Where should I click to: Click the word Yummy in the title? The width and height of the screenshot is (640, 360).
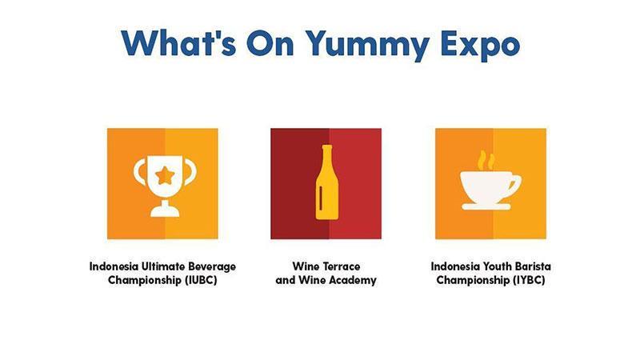(368, 44)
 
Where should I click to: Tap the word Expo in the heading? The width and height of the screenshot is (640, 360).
(481, 44)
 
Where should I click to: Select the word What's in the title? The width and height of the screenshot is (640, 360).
(178, 42)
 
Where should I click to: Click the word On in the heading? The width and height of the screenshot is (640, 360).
(270, 43)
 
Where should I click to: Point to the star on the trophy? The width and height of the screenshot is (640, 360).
(165, 176)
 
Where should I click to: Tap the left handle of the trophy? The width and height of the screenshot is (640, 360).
(139, 172)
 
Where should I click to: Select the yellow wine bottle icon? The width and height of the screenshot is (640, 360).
(326, 182)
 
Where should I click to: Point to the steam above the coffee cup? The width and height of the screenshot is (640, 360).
(486, 160)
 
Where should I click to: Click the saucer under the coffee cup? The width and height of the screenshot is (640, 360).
(486, 207)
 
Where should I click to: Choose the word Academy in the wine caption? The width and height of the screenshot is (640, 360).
(353, 281)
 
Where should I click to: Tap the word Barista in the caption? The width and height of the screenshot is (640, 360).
(532, 266)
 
